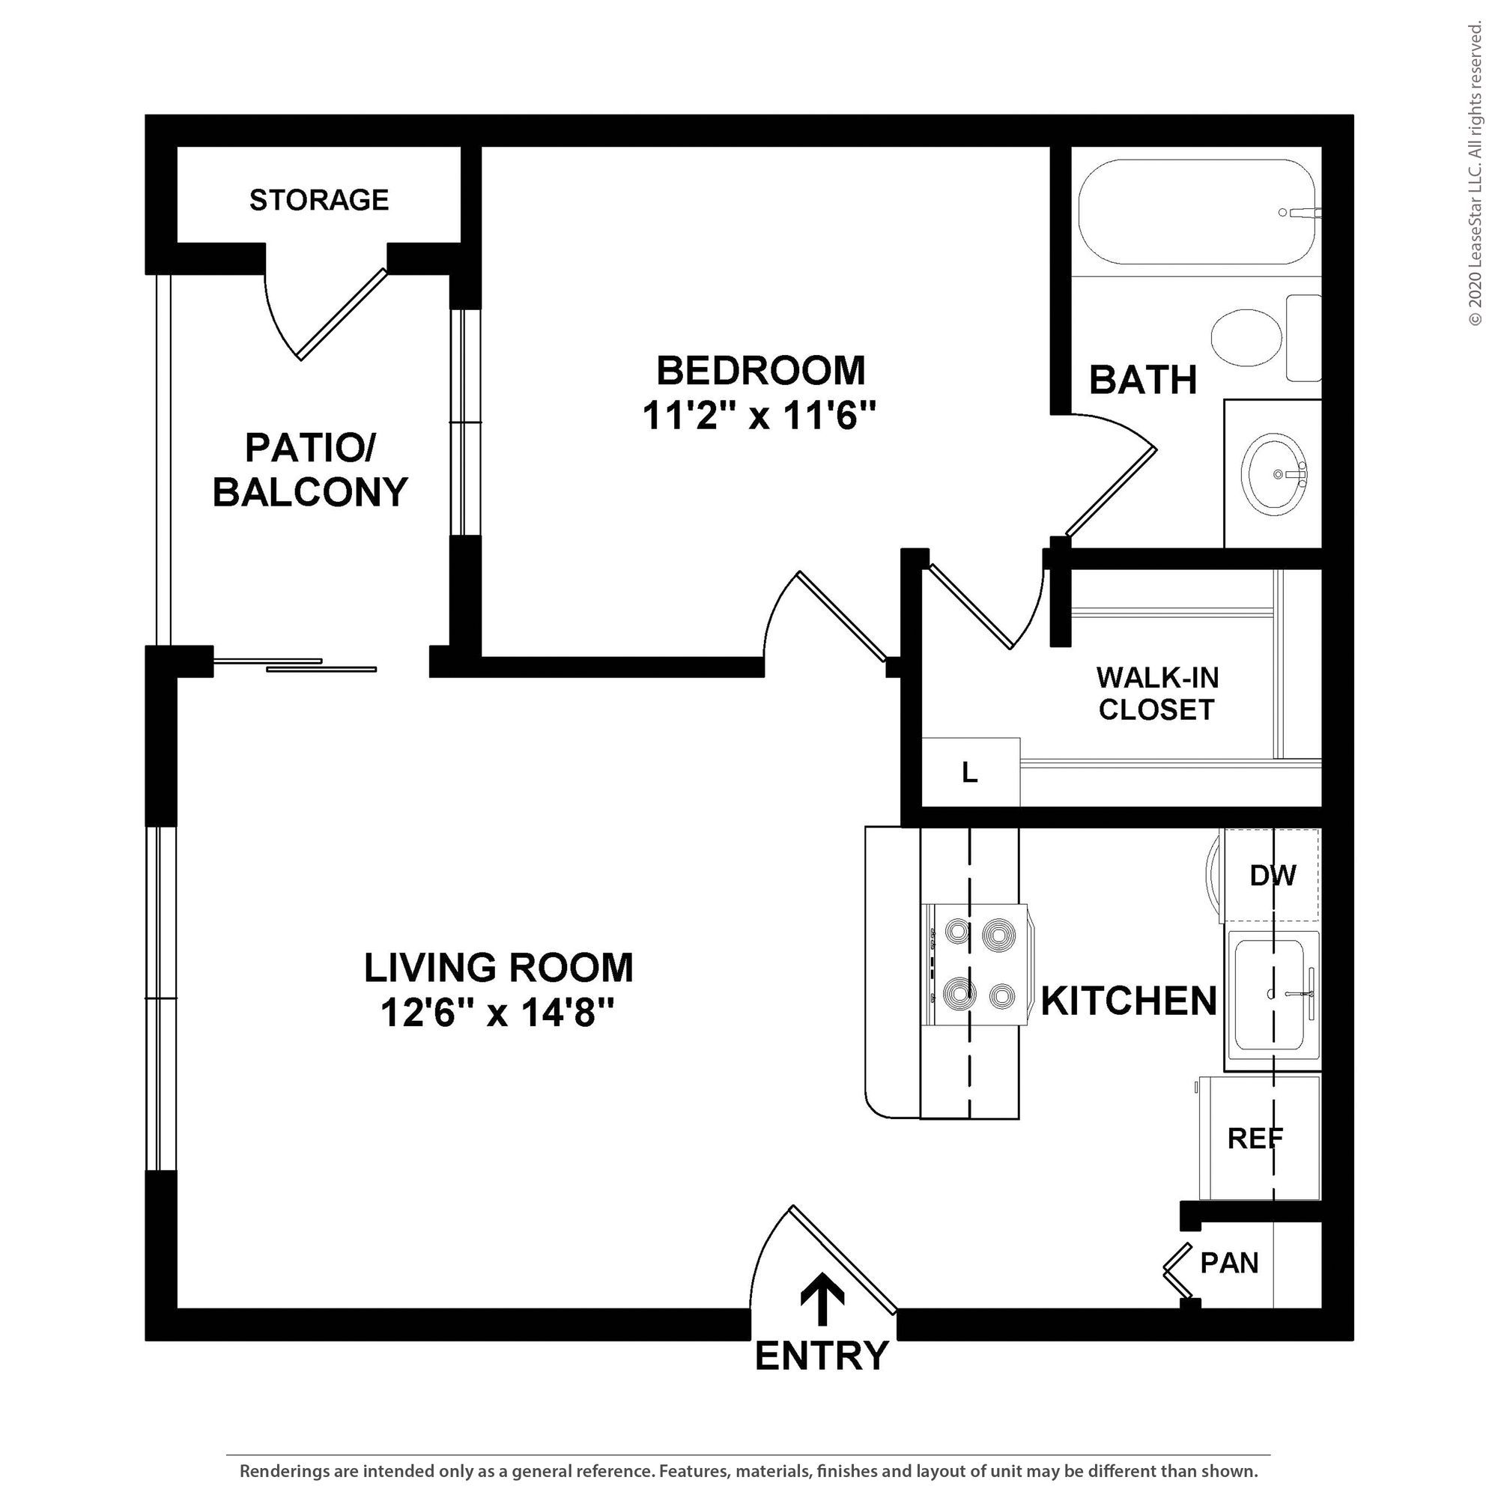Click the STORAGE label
coord(318,200)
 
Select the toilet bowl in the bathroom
coord(1248,337)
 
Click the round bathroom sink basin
coord(1276,474)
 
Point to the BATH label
coord(1143,380)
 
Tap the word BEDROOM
coord(761,371)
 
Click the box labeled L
coord(970,771)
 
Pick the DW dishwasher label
coord(1273,876)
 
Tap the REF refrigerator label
coord(1255,1138)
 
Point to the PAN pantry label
coord(1229,1263)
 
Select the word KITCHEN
coord(1129,1001)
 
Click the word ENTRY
coord(822,1356)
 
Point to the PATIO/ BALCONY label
coord(310,470)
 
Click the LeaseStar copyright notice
coord(1475,175)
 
